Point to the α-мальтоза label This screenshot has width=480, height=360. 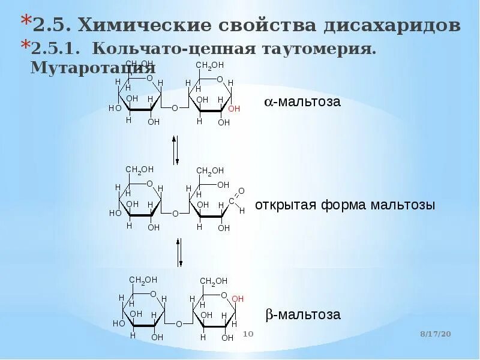[x=302, y=101]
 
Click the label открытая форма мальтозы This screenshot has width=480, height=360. [x=345, y=205]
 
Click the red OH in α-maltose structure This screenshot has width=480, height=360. [x=234, y=109]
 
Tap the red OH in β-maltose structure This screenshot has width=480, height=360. [x=238, y=298]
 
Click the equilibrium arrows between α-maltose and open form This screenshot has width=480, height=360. [x=175, y=151]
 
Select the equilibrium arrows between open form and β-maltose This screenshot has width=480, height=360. [x=179, y=253]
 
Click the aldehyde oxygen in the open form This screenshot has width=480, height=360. [x=241, y=191]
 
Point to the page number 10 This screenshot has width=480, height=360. [x=248, y=333]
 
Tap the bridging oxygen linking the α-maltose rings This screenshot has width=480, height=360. [x=175, y=109]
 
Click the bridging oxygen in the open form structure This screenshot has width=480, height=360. [x=175, y=213]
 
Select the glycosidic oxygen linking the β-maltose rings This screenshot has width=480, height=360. [x=179, y=324]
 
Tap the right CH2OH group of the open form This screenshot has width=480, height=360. [x=210, y=172]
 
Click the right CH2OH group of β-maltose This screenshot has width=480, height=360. [x=214, y=281]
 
